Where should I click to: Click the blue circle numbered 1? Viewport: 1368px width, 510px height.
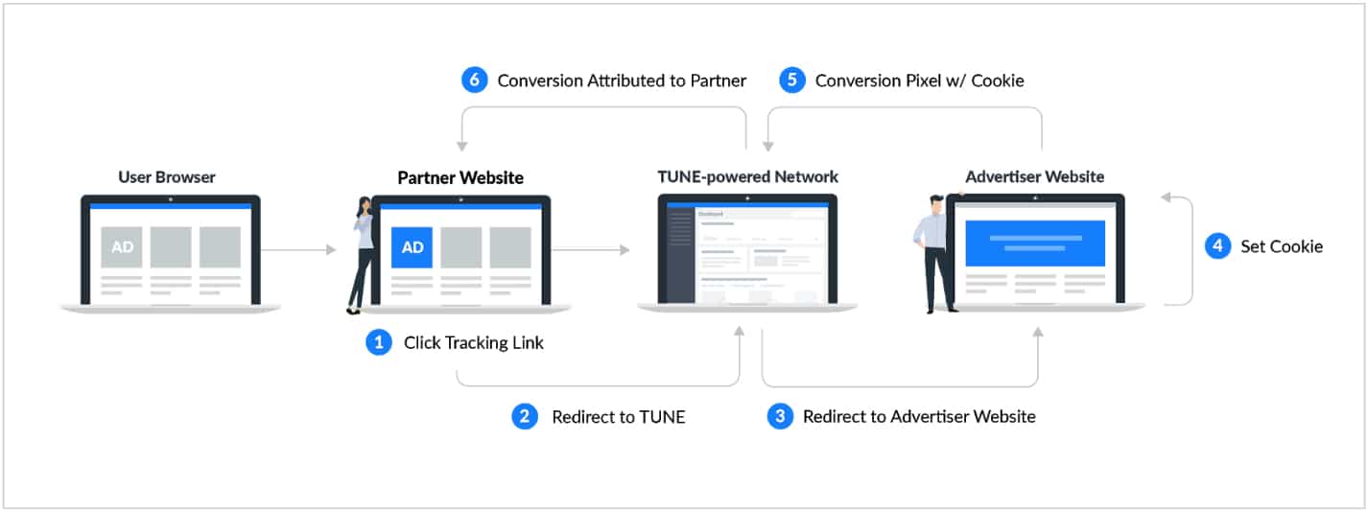coord(379,342)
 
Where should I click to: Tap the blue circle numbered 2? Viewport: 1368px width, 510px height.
coord(525,416)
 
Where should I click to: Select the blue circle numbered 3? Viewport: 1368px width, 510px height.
coord(781,416)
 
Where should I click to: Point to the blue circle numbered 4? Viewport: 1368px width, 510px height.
coord(1217,246)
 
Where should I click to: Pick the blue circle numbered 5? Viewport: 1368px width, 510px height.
coord(791,81)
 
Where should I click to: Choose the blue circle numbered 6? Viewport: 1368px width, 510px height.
coord(474,81)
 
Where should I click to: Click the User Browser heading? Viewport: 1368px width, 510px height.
coord(167,177)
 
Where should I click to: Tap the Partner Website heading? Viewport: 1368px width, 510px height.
coord(460,177)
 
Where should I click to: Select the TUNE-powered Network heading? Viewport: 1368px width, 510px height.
coord(747,176)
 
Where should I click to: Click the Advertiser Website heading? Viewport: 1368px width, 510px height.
coord(1034,176)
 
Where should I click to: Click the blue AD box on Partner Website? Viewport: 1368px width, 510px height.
coord(413,247)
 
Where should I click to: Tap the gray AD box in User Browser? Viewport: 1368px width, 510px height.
coord(122,247)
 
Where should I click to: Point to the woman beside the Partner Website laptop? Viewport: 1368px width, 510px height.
coord(361,254)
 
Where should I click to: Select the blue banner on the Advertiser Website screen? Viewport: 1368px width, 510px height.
coord(1035,243)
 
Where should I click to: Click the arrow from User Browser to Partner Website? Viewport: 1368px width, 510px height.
coord(298,250)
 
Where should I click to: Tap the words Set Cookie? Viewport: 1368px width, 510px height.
coord(1282,246)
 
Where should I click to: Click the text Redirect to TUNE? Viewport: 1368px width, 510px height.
coord(619,416)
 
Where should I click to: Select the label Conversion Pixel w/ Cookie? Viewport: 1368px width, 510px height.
coord(919,81)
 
